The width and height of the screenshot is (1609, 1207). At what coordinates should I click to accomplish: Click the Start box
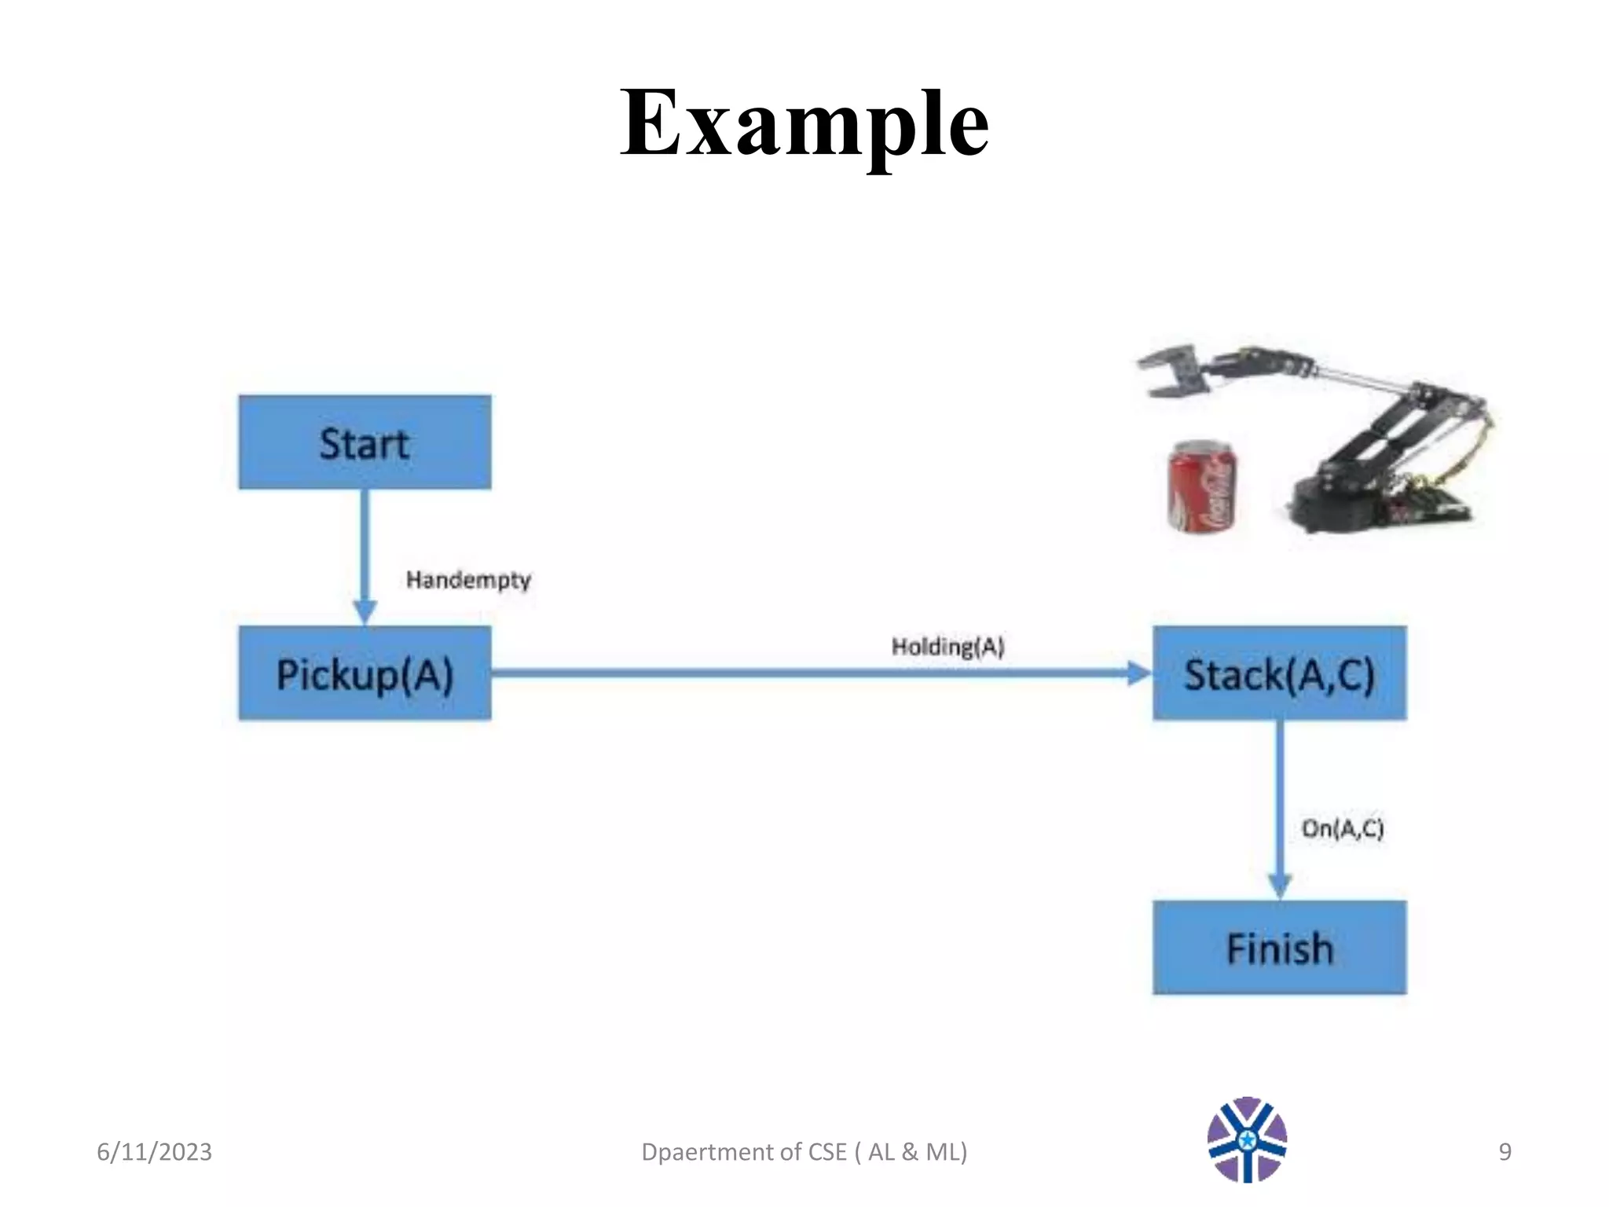(365, 442)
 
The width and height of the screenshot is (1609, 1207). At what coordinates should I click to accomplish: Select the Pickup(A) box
(365, 673)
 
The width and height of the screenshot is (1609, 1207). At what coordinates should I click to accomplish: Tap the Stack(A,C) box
(1279, 673)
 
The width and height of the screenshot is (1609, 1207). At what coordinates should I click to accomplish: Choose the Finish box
(1279, 948)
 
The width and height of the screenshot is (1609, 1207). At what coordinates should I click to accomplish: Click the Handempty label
(468, 580)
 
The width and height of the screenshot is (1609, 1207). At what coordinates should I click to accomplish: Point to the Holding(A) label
(947, 647)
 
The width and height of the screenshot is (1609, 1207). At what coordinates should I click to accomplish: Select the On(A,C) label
(1343, 828)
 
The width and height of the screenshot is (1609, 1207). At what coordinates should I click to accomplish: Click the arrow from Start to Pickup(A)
(365, 550)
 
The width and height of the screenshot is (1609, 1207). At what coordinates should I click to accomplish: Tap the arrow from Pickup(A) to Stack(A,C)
(817, 673)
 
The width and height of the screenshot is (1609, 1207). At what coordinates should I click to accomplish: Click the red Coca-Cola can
(1201, 486)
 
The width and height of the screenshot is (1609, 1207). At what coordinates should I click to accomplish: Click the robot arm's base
(1336, 503)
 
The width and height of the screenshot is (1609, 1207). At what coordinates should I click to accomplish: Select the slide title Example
(804, 124)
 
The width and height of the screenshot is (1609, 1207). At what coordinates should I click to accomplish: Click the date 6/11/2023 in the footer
(154, 1152)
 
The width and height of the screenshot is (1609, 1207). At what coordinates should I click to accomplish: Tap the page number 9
(1505, 1152)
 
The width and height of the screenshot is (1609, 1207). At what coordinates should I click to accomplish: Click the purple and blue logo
(1247, 1139)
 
